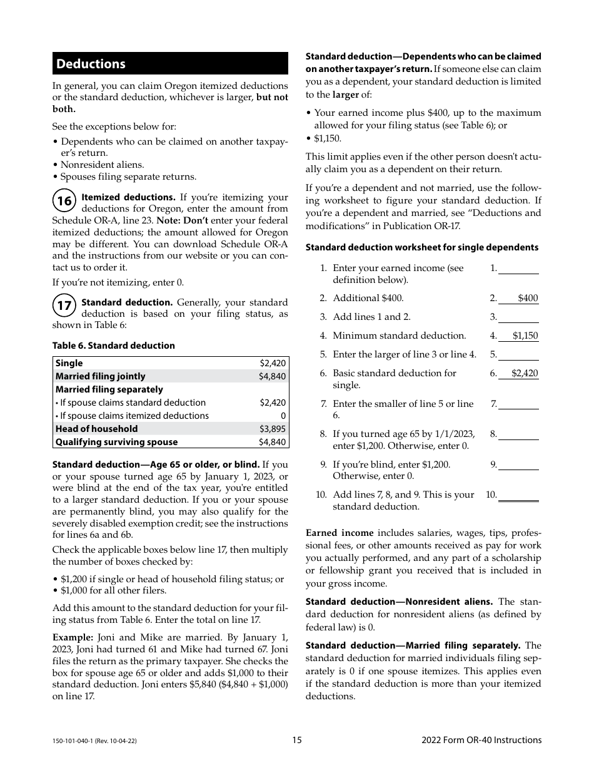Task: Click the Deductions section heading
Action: click(x=91, y=64)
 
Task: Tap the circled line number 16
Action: click(x=64, y=201)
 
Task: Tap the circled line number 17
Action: click(x=64, y=306)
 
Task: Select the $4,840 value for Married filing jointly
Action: click(x=272, y=376)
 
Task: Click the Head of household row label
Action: click(x=96, y=429)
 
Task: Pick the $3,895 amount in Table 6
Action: click(x=272, y=429)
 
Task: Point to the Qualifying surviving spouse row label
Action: click(x=116, y=442)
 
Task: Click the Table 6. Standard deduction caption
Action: click(x=113, y=346)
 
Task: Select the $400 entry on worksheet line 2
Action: click(x=527, y=299)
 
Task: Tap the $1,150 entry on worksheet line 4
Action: click(x=525, y=336)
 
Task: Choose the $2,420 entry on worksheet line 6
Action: click(x=524, y=373)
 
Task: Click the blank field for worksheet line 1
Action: click(x=518, y=269)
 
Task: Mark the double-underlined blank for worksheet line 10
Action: click(x=518, y=495)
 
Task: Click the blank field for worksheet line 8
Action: click(x=518, y=434)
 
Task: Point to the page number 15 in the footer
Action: click(x=296, y=740)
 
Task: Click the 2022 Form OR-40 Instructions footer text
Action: click(x=481, y=740)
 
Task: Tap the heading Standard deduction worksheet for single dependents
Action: click(x=421, y=247)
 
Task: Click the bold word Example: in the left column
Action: click(x=73, y=637)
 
